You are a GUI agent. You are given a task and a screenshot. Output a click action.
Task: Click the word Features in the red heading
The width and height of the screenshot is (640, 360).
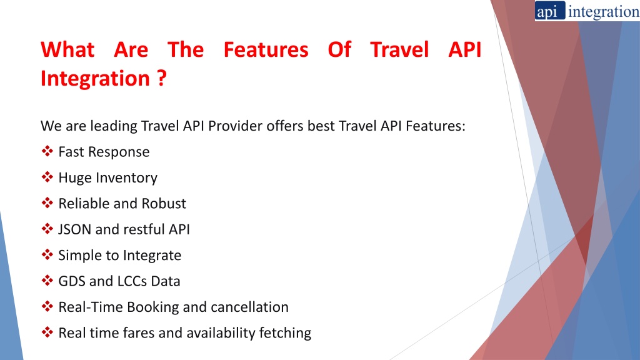[x=266, y=50]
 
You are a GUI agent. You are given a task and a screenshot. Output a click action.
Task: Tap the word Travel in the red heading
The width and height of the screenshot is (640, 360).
[x=399, y=50]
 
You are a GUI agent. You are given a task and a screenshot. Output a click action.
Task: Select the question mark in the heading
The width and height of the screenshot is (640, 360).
[x=162, y=77]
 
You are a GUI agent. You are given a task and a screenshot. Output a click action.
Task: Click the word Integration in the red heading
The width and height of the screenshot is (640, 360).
[x=95, y=78]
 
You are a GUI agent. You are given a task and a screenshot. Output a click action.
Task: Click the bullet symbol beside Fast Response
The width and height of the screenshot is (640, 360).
[x=47, y=151]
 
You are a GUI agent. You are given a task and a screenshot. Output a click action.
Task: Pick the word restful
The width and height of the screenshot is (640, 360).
[x=144, y=229]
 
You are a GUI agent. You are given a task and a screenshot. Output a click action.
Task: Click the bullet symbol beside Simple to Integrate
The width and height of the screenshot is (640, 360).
[x=47, y=255]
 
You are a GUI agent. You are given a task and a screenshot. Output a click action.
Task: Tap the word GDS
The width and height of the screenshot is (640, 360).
[x=72, y=281]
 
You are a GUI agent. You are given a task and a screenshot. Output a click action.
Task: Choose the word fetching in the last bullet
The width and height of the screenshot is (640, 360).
[x=285, y=333]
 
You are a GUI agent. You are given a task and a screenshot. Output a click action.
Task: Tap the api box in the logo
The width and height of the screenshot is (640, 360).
[x=550, y=11]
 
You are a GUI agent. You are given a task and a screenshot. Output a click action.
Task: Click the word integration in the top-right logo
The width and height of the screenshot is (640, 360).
[x=604, y=12]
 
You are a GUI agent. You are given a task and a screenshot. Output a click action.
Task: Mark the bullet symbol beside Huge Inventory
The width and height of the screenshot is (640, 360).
[x=47, y=177]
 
